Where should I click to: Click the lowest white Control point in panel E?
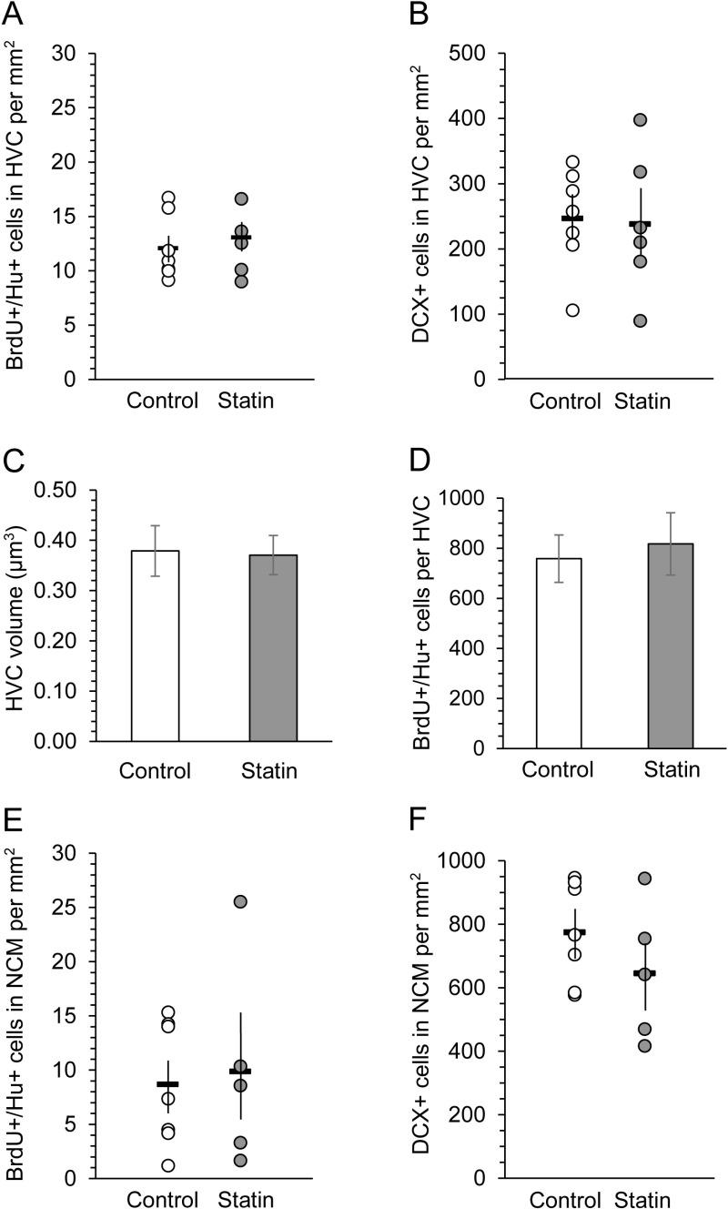point(168,1165)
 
